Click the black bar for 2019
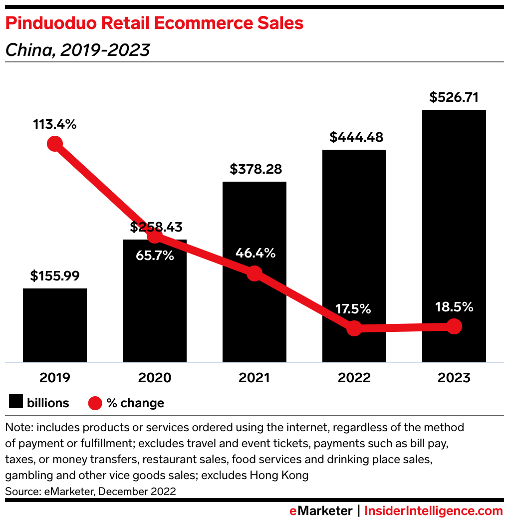coord(55,325)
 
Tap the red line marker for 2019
coord(55,144)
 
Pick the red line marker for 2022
coord(354,328)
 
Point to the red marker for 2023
coord(454,326)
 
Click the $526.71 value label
coord(454,97)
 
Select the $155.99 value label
coord(55,276)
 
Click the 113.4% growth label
coord(55,124)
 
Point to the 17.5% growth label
coord(353,309)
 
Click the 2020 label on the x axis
coord(155,378)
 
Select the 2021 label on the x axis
coord(254,378)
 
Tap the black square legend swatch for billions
coord(16,402)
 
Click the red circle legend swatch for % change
coord(95,403)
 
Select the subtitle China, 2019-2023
coord(77,50)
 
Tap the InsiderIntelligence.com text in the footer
coord(433,511)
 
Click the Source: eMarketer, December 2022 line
coord(90,491)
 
